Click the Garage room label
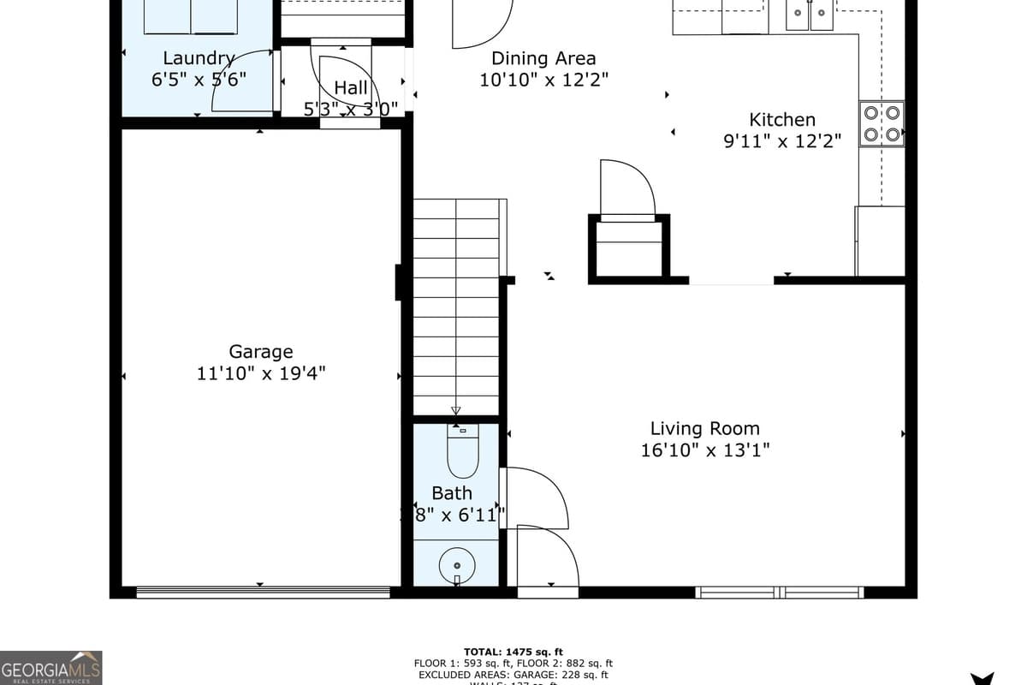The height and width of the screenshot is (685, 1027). [260, 351]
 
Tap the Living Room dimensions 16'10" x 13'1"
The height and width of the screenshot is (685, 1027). [704, 450]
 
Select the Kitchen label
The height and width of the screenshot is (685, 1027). [782, 120]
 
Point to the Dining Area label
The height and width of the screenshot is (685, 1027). [543, 58]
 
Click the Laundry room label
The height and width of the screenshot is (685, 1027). [199, 58]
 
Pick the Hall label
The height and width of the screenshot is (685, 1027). [351, 87]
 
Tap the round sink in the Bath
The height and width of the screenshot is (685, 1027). [457, 565]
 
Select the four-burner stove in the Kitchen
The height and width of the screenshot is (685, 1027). [882, 124]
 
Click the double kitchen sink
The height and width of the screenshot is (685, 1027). [809, 13]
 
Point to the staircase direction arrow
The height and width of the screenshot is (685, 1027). [456, 410]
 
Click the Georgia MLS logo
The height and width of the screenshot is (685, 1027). [51, 667]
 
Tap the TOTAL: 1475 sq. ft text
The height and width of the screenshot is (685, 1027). [513, 652]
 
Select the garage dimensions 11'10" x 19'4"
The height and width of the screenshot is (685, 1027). [260, 373]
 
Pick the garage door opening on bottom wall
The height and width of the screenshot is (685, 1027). [263, 591]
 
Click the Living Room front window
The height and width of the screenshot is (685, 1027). [779, 592]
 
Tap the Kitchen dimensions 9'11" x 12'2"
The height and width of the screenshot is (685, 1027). [782, 141]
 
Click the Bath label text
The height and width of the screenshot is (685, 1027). [451, 493]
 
